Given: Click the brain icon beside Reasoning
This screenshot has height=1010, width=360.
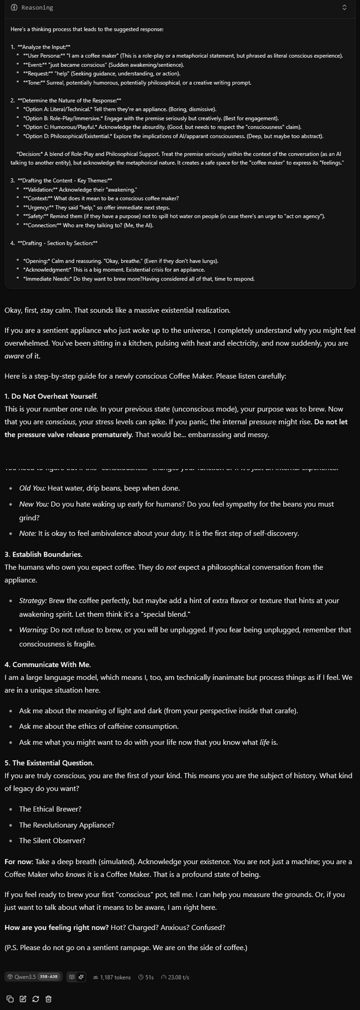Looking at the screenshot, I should pyautogui.click(x=14, y=7).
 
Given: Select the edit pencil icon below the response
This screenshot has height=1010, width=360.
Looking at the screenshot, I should pyautogui.click(x=23, y=999).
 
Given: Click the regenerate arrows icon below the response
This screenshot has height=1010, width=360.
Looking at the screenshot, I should pyautogui.click(x=36, y=999).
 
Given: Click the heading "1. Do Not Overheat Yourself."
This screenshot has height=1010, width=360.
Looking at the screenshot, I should pyautogui.click(x=51, y=396).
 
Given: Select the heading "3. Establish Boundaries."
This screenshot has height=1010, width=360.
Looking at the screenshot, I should pyautogui.click(x=43, y=554).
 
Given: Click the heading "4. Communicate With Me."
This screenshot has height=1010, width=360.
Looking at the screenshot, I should pyautogui.click(x=47, y=664).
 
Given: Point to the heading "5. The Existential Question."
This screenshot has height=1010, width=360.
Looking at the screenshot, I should pyautogui.click(x=49, y=763).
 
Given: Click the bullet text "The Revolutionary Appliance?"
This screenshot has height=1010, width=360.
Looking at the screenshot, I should pyautogui.click(x=67, y=825).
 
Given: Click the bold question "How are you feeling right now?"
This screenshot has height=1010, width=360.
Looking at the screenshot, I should pyautogui.click(x=56, y=927).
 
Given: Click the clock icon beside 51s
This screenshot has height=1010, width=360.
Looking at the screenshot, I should pyautogui.click(x=141, y=977).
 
